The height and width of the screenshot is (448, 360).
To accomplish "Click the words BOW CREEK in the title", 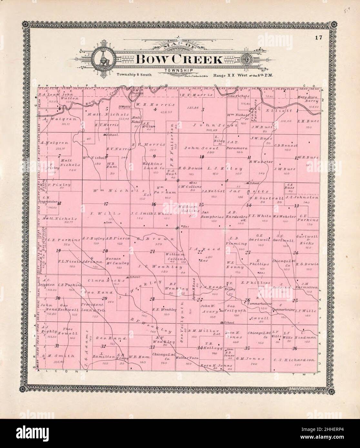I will (179, 59).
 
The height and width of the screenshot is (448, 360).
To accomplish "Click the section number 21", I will (152, 251).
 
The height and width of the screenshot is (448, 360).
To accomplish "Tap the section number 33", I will (152, 347).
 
